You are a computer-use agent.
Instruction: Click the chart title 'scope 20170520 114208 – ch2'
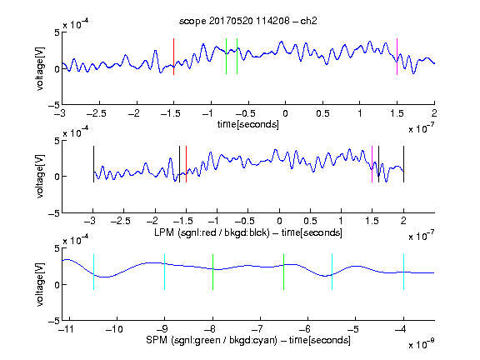click(248, 21)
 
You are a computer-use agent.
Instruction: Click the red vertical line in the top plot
click(173, 57)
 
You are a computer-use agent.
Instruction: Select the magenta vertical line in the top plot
click(397, 57)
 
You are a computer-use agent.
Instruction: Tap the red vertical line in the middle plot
click(186, 164)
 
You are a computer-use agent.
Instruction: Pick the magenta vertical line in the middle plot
click(372, 164)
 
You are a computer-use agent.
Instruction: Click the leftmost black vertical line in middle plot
click(93, 164)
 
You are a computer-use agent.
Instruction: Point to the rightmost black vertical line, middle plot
click(403, 164)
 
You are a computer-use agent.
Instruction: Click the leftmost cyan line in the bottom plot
click(93, 272)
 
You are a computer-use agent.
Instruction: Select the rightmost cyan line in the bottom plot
click(403, 272)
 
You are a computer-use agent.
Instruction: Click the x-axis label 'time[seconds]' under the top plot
click(248, 125)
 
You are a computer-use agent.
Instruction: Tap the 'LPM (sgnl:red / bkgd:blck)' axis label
click(212, 232)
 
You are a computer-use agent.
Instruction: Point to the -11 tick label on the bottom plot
click(67, 329)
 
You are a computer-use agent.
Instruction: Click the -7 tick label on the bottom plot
click(257, 329)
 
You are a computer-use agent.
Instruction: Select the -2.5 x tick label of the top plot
click(97, 114)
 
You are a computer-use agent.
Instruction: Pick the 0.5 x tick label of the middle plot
click(310, 221)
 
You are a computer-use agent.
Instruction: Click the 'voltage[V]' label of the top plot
click(40, 68)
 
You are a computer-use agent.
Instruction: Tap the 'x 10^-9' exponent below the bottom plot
click(421, 344)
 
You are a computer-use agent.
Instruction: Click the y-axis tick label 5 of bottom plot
click(57, 248)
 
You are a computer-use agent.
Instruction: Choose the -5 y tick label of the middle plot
click(54, 213)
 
